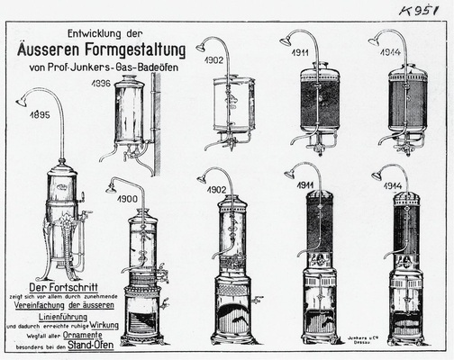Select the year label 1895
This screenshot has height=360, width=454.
point(40,115)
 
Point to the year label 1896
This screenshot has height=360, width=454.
point(102,83)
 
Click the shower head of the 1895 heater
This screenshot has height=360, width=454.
point(21,102)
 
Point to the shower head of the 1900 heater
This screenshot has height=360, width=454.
point(110,187)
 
